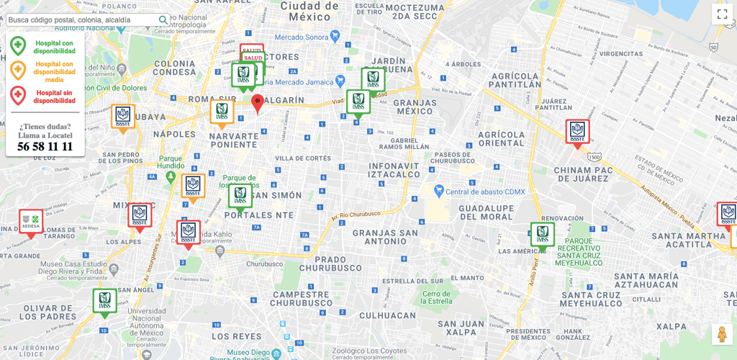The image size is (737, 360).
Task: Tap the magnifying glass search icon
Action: [x=163, y=20]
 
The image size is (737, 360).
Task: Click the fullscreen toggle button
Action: [x=722, y=14]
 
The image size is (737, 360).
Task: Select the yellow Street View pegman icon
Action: [x=722, y=335]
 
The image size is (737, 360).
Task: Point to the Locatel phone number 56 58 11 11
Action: [x=45, y=146]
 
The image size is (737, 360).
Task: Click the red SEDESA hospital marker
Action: [x=31, y=222]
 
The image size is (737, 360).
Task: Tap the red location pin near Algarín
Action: [x=257, y=103]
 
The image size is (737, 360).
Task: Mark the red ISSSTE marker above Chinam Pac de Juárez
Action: [x=577, y=132]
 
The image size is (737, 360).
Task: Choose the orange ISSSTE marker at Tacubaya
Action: [x=123, y=117]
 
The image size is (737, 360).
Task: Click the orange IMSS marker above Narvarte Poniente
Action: [x=222, y=112]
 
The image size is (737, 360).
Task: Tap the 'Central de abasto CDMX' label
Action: [x=479, y=191]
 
